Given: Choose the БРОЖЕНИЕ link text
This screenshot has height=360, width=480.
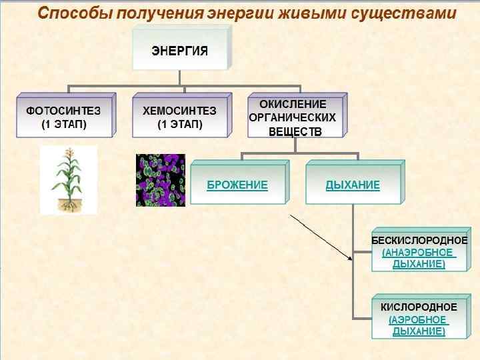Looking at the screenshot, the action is click(237, 185).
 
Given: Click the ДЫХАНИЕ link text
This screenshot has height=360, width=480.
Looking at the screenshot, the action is click(353, 185).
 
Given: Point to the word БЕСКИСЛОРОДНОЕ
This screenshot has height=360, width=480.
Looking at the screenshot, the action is click(419, 240).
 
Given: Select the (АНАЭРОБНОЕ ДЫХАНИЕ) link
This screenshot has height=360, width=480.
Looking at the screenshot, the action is click(419, 259).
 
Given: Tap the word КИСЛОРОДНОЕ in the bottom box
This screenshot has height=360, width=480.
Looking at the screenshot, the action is click(419, 307).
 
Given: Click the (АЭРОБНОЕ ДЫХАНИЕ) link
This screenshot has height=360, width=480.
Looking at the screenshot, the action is click(419, 325).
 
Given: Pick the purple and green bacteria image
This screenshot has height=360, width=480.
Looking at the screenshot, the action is click(160, 180).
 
